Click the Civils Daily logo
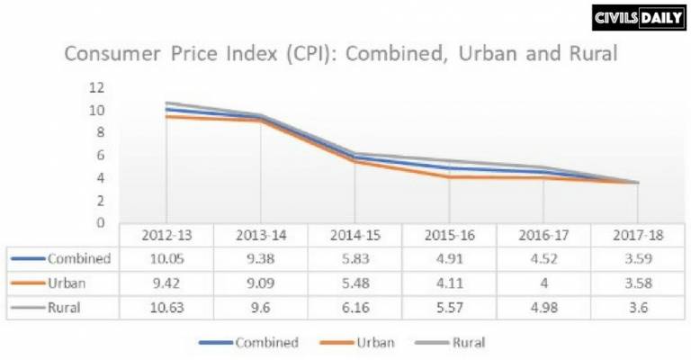637,17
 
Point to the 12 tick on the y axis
96,87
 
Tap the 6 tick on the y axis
101,155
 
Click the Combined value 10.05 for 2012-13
166,258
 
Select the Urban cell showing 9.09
261,283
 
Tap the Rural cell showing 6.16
354,307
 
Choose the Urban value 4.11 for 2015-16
449,283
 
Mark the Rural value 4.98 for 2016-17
543,307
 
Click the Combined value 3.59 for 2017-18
637,258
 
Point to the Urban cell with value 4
543,283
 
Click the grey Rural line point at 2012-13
166,103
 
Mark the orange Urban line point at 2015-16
449,176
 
